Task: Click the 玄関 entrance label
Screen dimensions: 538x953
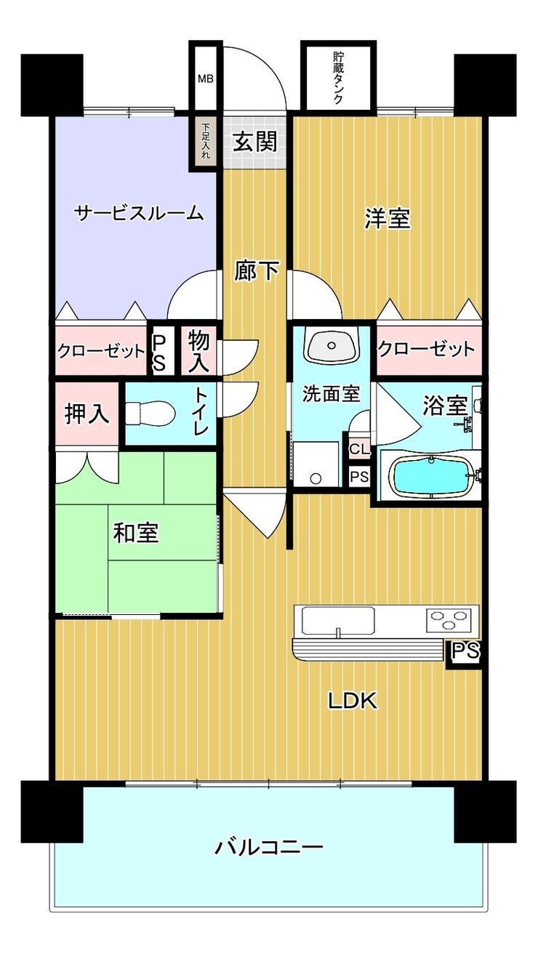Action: click(255, 141)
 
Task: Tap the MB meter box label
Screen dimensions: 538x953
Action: click(206, 79)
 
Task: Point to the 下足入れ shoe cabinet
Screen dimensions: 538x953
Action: click(206, 141)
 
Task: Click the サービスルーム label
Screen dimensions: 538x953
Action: click(139, 213)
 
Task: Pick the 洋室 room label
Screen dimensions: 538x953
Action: click(388, 218)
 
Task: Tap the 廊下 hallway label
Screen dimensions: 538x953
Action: click(257, 270)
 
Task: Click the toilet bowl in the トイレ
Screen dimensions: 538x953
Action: click(150, 414)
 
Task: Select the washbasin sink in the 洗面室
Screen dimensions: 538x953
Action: click(331, 345)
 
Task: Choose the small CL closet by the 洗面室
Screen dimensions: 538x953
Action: click(360, 449)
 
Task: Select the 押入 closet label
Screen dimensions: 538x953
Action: click(87, 414)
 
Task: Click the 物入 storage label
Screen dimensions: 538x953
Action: click(198, 351)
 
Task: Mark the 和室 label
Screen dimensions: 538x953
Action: click(136, 532)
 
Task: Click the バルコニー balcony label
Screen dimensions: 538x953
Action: click(268, 847)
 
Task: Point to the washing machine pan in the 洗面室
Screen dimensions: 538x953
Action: click(316, 465)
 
